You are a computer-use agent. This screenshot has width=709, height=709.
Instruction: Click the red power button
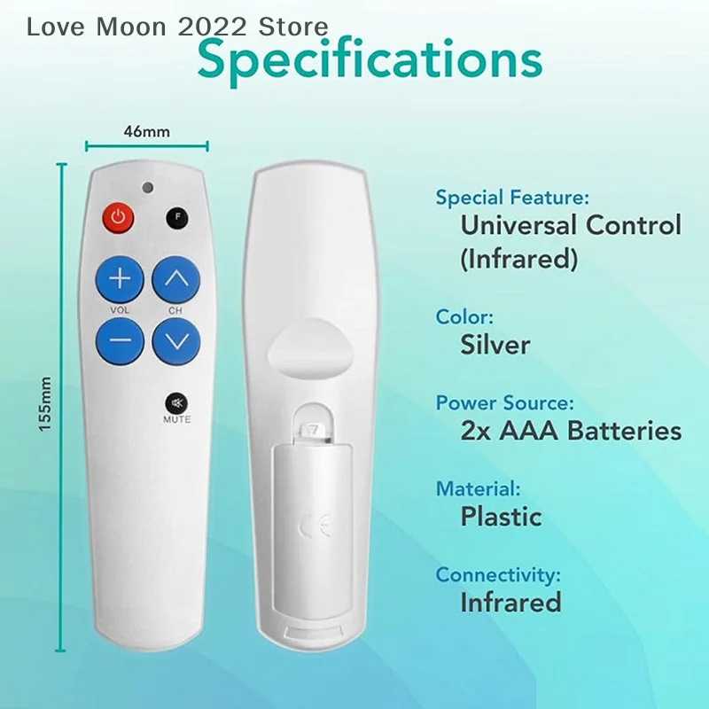(x=119, y=217)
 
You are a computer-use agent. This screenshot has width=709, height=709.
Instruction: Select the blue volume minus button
(x=120, y=339)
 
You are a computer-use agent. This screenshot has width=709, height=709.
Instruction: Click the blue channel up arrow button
(x=176, y=280)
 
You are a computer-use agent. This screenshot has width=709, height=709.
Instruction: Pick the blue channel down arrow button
(x=176, y=339)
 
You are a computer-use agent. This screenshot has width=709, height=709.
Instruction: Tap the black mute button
(x=175, y=402)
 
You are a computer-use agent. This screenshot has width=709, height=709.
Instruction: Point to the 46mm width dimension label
(x=146, y=132)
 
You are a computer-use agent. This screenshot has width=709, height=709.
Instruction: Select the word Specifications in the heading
(x=370, y=59)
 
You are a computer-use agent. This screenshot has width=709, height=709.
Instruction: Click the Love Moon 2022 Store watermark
(x=177, y=27)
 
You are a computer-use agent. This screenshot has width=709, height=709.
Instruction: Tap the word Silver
(x=495, y=345)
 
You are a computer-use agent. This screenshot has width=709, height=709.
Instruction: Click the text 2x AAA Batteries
(x=571, y=431)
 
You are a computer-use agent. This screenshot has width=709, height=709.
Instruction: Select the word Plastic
(x=501, y=516)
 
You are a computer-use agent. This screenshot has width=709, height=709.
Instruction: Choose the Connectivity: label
(x=498, y=575)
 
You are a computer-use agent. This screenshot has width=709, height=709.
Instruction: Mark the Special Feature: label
(x=512, y=198)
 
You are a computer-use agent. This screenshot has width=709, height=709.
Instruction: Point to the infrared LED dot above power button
(x=148, y=187)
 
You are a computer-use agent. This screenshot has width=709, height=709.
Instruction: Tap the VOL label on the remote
(x=120, y=310)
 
